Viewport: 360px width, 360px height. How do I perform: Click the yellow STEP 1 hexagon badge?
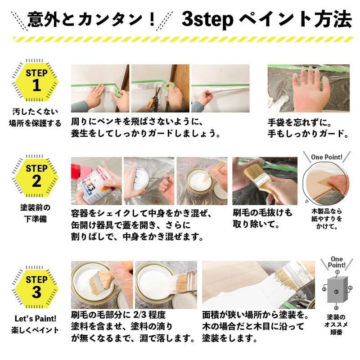(x=36, y=81)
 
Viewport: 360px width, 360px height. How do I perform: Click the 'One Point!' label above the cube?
(x=336, y=262)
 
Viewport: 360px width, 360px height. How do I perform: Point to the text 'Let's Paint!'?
(x=35, y=319)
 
